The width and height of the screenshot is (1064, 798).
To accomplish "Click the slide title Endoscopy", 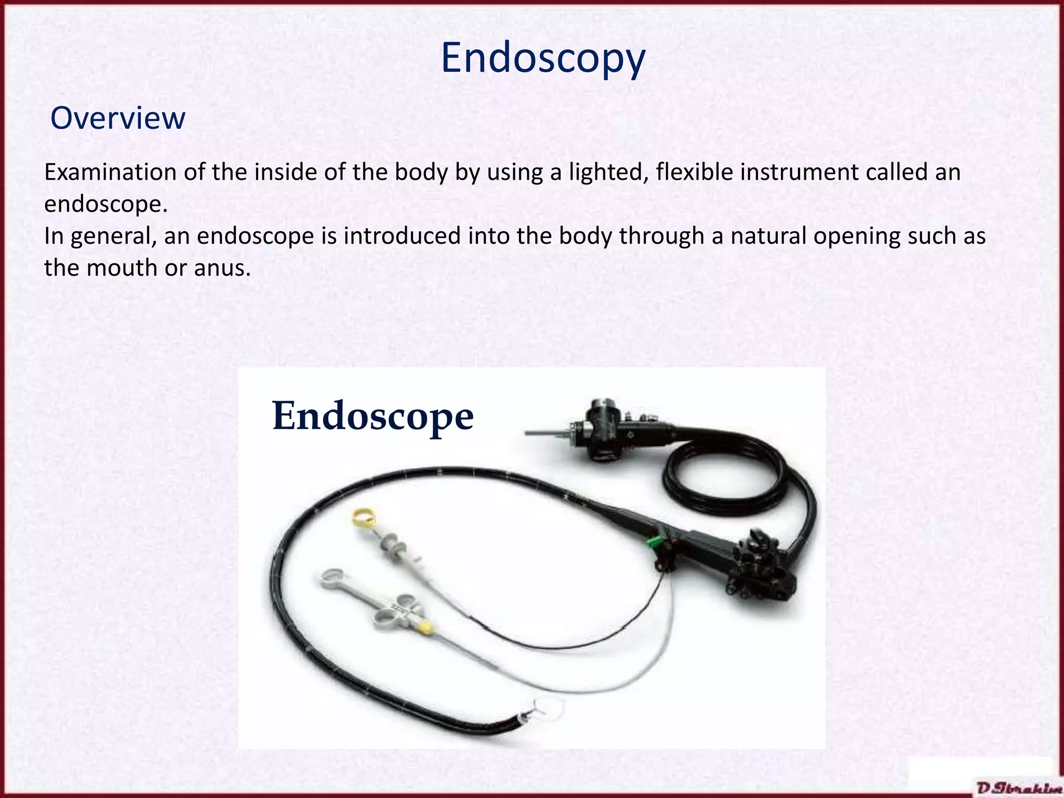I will [x=543, y=58].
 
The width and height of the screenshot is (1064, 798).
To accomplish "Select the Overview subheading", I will [x=118, y=118].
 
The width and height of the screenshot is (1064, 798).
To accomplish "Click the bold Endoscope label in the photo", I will [x=373, y=416].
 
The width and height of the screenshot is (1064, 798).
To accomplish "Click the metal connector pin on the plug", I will [x=543, y=432].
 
